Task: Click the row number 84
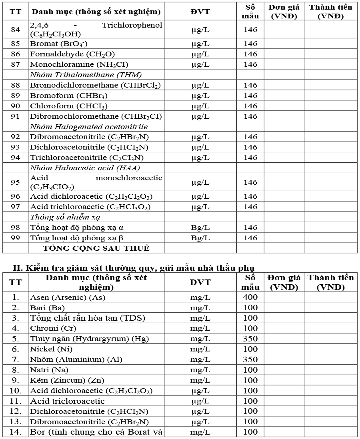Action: click(15, 30)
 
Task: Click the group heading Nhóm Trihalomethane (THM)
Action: click(86, 75)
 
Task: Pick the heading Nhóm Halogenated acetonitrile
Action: click(89, 127)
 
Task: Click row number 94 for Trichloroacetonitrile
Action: click(15, 158)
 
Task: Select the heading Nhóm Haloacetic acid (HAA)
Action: click(85, 168)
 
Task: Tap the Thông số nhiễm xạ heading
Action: click(65, 217)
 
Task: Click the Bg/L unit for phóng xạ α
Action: click(200, 227)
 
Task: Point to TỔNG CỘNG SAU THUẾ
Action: click(96, 248)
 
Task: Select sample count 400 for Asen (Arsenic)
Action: click(250, 297)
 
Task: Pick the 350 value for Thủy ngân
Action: click(250, 339)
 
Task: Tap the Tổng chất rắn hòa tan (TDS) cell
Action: click(88, 318)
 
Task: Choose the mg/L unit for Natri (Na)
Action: click(200, 370)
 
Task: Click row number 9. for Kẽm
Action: click(15, 380)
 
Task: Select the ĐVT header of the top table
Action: click(200, 11)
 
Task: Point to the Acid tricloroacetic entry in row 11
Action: click(67, 401)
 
